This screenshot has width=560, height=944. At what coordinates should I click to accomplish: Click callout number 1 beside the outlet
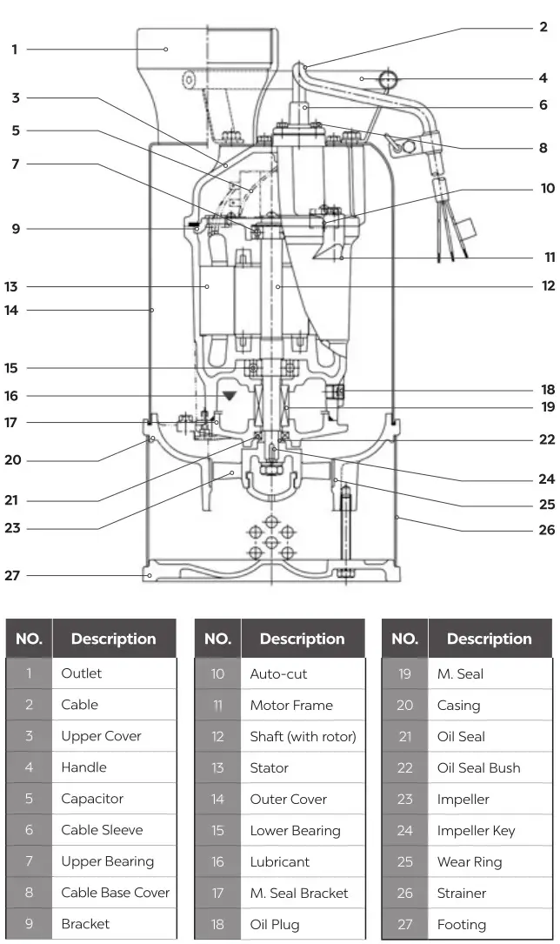click(14, 50)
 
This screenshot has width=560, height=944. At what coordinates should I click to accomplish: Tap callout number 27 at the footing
click(11, 575)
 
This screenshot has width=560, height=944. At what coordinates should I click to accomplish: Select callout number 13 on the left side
click(11, 286)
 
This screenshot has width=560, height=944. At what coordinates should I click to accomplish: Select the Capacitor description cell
click(92, 799)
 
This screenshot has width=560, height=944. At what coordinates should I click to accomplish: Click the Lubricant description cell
click(279, 861)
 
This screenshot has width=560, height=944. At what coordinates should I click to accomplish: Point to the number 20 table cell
click(404, 706)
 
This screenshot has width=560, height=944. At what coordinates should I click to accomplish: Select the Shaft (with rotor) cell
click(303, 736)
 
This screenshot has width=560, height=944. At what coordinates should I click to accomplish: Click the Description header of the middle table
click(302, 639)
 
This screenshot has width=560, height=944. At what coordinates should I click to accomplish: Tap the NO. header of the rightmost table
click(404, 639)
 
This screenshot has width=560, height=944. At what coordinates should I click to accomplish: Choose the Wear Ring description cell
click(470, 862)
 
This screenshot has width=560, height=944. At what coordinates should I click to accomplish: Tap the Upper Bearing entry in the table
click(107, 861)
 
